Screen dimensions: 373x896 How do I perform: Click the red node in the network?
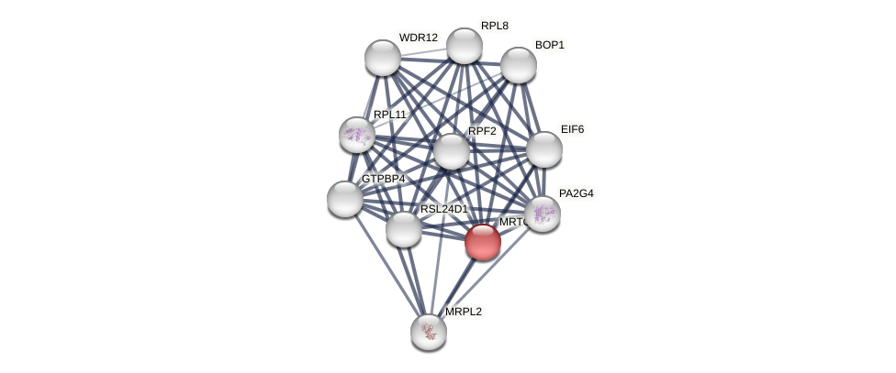[x=482, y=242]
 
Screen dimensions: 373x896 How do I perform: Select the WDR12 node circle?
[x=383, y=58]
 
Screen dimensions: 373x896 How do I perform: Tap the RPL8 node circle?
[x=464, y=46]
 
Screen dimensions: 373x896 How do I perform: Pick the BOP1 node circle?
[x=518, y=65]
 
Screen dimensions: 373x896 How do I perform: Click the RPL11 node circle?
[x=357, y=135]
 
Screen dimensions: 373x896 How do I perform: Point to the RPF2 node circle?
[x=451, y=151]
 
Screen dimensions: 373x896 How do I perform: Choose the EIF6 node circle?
[x=543, y=149]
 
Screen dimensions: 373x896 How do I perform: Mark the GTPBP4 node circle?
[x=345, y=199]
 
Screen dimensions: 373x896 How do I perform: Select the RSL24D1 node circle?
[x=404, y=229]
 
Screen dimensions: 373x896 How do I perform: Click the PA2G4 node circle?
[x=543, y=214]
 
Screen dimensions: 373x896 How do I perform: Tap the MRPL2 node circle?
[x=429, y=332]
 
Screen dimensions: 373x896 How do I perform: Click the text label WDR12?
[x=418, y=38]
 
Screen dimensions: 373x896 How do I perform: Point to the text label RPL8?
[x=494, y=26]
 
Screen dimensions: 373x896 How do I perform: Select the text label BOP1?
[x=549, y=45]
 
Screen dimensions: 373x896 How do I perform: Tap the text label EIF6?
[x=572, y=129]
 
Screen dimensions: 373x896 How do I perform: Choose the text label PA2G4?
[x=576, y=193]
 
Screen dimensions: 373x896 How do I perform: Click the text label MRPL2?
[x=463, y=312]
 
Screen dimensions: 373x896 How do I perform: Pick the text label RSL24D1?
[x=443, y=209]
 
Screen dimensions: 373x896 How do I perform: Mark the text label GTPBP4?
[x=383, y=179]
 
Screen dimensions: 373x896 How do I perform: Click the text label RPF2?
[x=482, y=131]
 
